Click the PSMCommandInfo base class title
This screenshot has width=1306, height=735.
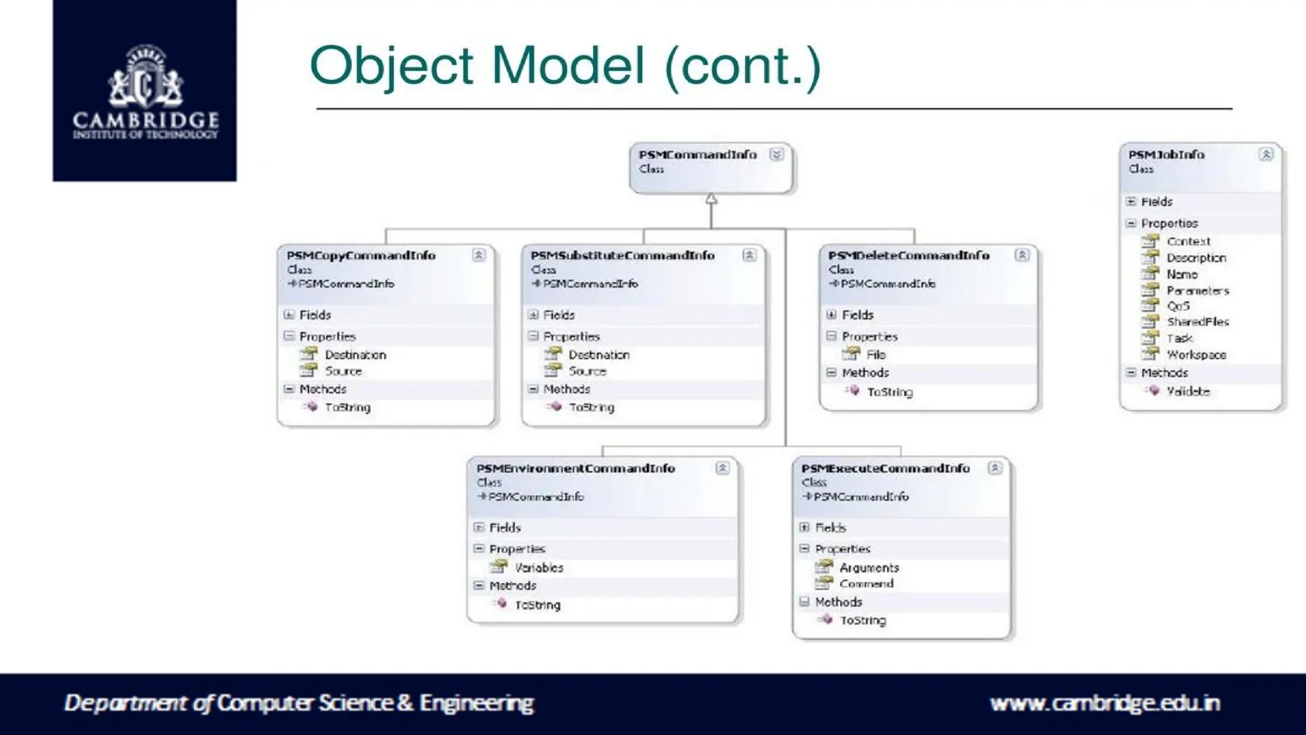click(x=697, y=154)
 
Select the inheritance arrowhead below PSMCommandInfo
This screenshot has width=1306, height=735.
click(x=711, y=199)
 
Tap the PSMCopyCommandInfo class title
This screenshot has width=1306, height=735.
click(x=361, y=255)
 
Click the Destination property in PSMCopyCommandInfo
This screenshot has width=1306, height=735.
click(x=355, y=355)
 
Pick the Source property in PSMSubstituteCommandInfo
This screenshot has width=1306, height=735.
click(x=587, y=371)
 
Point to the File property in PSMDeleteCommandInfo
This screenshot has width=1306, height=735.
click(x=876, y=355)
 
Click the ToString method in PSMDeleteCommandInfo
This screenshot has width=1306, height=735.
click(x=890, y=392)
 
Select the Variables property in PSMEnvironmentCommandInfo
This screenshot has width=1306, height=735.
click(x=539, y=568)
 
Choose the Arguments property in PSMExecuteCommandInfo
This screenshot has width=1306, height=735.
click(x=869, y=568)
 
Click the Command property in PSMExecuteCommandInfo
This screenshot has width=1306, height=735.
click(x=866, y=584)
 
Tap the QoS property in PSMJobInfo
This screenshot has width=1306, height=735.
click(x=1178, y=306)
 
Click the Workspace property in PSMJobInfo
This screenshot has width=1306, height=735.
click(x=1196, y=355)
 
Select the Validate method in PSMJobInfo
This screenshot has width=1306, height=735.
click(x=1188, y=392)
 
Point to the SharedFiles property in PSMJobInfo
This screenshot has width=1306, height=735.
click(x=1198, y=322)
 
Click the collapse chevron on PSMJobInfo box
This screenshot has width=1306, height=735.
click(x=1266, y=154)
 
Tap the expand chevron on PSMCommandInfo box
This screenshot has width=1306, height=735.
click(x=776, y=154)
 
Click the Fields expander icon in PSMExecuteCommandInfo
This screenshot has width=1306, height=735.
click(x=804, y=528)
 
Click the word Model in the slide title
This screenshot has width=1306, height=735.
click(x=568, y=65)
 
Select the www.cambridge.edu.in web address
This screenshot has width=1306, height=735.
click(x=1104, y=703)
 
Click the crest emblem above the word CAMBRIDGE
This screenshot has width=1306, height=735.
click(x=145, y=77)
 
